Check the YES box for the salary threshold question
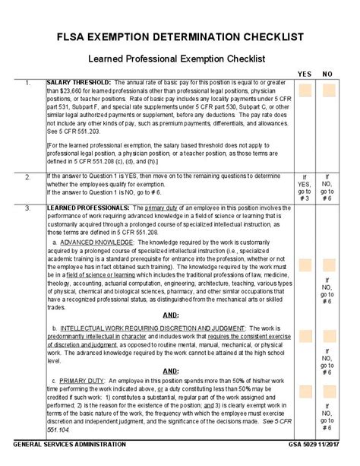point(305,91)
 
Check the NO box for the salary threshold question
point(328,91)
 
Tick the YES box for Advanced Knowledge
point(305,265)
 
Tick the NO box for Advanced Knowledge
point(328,265)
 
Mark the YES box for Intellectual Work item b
point(305,337)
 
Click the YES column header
point(305,74)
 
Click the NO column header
point(328,74)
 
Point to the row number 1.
point(27,82)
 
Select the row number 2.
point(27,176)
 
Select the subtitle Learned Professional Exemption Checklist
point(180,58)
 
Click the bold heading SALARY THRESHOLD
point(80,82)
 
